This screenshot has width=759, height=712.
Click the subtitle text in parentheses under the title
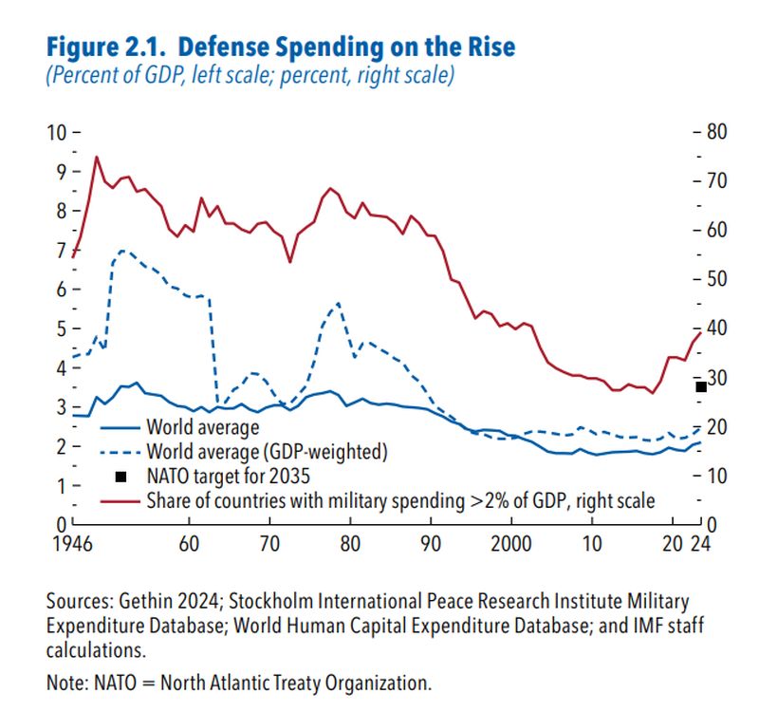pos(250,75)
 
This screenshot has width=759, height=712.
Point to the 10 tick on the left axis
pos(59,132)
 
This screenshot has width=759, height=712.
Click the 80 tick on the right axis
pos(714,132)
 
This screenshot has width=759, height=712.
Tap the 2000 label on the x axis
pos(511,545)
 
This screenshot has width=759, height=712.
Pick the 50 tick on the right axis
pos(714,279)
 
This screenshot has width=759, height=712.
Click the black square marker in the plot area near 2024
pos(701,386)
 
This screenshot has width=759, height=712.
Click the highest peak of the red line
pos(96,157)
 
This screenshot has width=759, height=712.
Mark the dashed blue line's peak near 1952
pos(121,251)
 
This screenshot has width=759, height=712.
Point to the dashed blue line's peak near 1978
pos(338,303)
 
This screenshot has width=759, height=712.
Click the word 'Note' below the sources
pos(65,682)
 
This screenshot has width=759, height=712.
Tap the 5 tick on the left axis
pos(59,328)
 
